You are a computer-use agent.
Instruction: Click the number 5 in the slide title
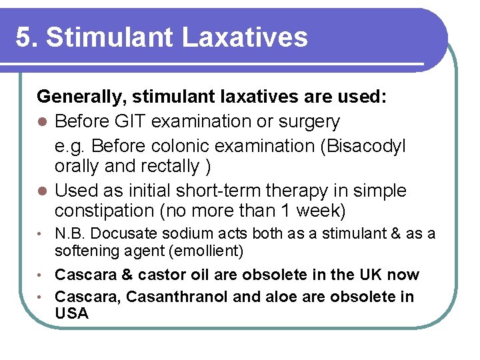pyautogui.click(x=24, y=37)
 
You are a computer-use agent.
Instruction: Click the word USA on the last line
pyautogui.click(x=71, y=313)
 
